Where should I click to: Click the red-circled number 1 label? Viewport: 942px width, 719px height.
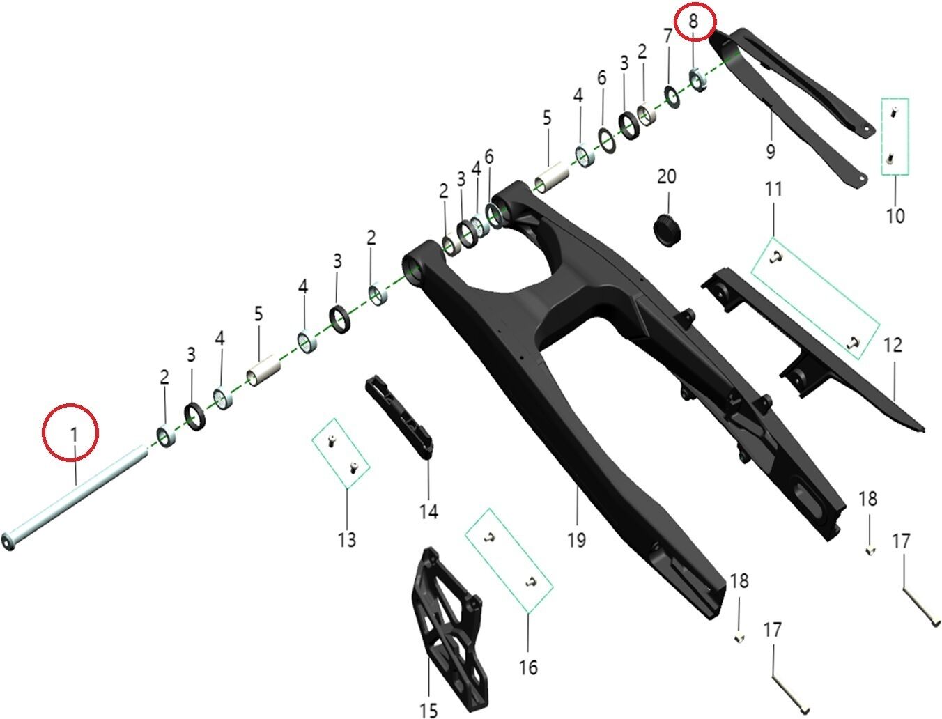(74, 435)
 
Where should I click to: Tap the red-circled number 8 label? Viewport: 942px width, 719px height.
(693, 21)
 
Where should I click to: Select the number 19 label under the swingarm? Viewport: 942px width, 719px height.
(576, 539)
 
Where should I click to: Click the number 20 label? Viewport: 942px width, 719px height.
(667, 176)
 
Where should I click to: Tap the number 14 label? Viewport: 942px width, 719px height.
(428, 511)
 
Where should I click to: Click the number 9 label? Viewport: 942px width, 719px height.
(771, 151)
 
